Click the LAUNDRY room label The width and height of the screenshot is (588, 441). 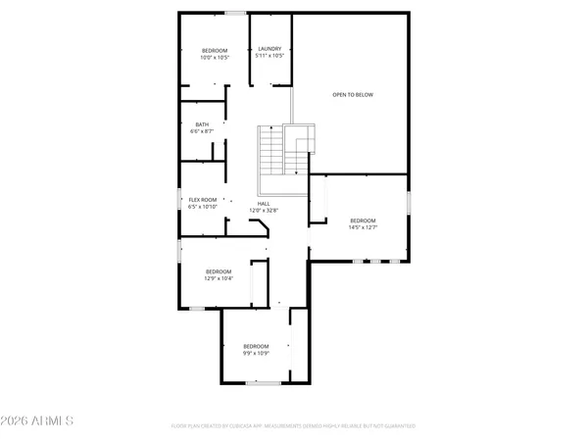click(x=270, y=48)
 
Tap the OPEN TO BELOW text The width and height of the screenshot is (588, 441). click(x=353, y=95)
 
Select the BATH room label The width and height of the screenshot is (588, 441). click(x=202, y=124)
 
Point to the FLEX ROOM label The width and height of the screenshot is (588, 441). click(x=203, y=200)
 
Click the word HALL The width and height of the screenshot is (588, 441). click(x=264, y=203)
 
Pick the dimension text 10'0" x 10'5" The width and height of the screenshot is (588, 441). click(x=215, y=57)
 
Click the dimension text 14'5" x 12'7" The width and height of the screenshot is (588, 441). click(x=363, y=228)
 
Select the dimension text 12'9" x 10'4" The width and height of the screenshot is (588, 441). click(x=219, y=278)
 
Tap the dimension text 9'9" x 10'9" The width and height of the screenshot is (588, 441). click(x=256, y=353)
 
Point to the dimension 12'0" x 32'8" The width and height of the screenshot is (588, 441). click(x=264, y=211)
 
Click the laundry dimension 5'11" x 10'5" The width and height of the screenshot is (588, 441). click(x=270, y=56)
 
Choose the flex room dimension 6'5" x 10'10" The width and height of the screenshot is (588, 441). click(x=203, y=207)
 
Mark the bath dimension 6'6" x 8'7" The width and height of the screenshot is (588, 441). click(x=202, y=131)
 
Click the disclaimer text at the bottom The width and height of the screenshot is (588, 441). click(x=294, y=426)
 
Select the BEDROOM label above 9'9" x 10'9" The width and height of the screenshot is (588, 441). click(x=256, y=345)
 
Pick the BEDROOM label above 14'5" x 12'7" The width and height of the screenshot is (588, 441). click(x=363, y=220)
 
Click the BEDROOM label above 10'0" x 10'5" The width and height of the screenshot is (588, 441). click(x=215, y=50)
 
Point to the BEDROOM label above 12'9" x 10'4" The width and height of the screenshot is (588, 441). click(x=219, y=270)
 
